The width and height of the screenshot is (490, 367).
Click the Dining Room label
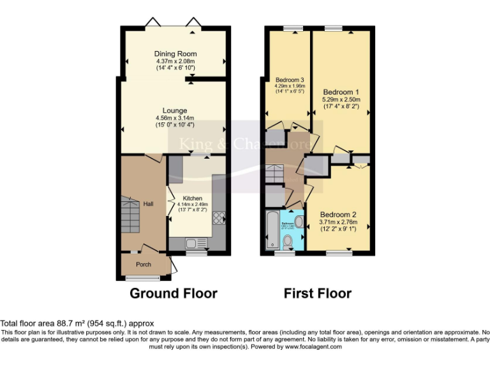175,54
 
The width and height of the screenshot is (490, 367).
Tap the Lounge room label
174,110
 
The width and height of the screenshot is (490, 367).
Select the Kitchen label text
192,198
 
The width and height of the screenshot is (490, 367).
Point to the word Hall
148,203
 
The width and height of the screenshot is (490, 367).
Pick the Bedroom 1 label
341,91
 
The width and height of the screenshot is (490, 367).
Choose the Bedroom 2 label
338,214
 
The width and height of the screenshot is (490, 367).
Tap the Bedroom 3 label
289,80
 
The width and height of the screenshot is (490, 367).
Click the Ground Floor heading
174,294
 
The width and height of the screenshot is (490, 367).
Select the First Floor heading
318,294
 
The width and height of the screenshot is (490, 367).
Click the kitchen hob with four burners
218,217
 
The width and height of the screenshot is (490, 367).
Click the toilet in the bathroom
288,241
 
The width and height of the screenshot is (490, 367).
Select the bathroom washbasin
299,221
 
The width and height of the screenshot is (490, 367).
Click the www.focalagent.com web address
313,347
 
